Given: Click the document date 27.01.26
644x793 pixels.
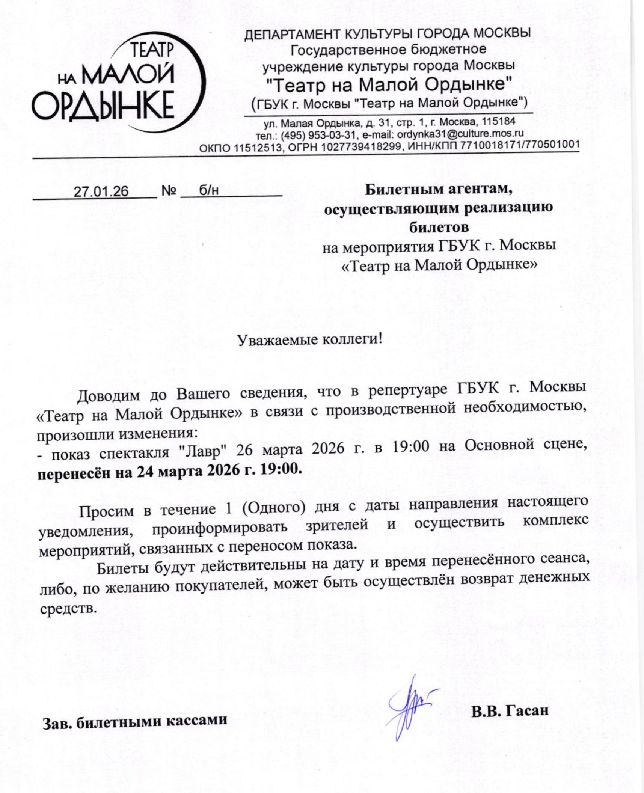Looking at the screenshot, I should (x=101, y=192).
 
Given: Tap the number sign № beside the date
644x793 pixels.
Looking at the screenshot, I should (x=169, y=191).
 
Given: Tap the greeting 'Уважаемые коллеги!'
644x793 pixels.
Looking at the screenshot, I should (x=310, y=339).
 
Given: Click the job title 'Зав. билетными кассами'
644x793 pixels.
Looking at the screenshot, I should (x=135, y=721).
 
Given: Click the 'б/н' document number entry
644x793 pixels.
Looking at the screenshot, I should (x=209, y=191).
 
